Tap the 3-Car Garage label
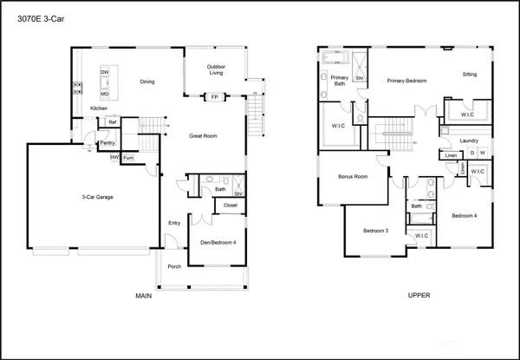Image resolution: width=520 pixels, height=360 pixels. [93, 198]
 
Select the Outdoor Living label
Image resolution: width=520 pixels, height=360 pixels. [215, 70]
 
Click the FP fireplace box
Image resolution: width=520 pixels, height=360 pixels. [214, 97]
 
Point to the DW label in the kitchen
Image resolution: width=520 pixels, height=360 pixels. [104, 72]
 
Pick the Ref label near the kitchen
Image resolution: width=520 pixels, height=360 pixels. [113, 122]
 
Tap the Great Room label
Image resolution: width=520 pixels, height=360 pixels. [203, 135]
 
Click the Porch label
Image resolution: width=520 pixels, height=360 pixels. [174, 266]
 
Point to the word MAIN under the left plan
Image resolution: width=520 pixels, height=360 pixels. [144, 296]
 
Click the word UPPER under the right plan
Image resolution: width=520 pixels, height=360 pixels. [419, 296]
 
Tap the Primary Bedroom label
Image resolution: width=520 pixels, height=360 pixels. [407, 81]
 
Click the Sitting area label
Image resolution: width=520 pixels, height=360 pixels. [469, 75]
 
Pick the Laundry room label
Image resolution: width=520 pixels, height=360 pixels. [470, 140]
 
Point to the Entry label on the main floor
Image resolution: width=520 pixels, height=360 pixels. [174, 223]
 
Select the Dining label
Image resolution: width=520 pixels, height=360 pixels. [147, 82]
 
